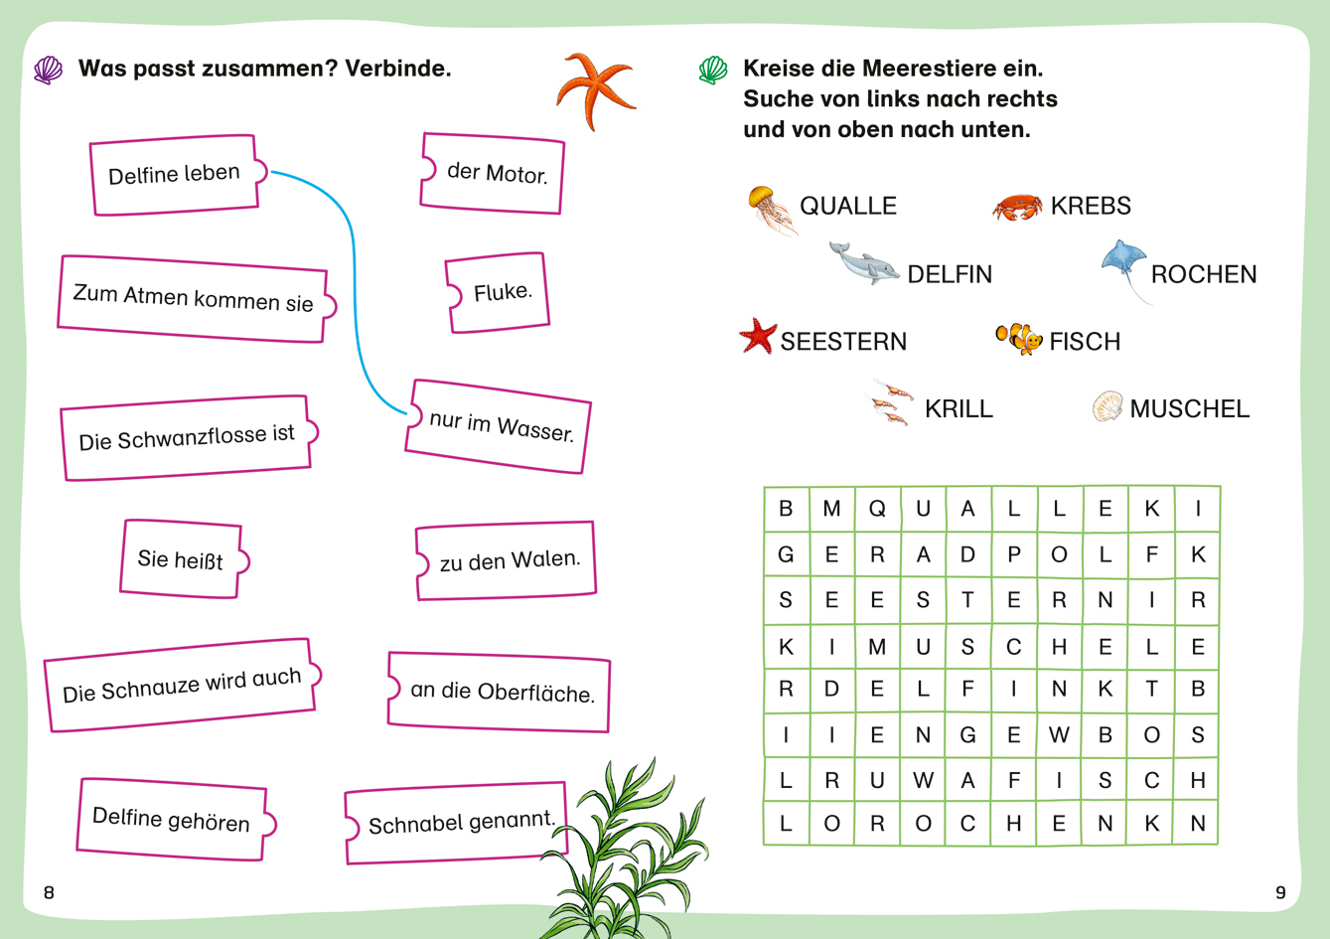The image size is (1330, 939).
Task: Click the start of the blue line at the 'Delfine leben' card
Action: (x=271, y=172)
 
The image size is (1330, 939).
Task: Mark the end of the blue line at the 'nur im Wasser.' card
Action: (x=406, y=413)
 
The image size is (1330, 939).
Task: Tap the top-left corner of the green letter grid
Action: (x=764, y=487)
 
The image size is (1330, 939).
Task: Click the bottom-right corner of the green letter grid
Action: (x=1219, y=844)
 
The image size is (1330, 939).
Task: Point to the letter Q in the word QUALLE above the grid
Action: (x=810, y=206)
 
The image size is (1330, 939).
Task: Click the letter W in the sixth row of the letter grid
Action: (x=1059, y=734)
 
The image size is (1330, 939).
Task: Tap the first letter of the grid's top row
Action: (x=786, y=509)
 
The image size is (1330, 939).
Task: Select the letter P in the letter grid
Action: (x=1013, y=554)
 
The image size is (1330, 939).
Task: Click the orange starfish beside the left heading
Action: (x=596, y=90)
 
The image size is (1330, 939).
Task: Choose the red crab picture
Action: (x=1017, y=207)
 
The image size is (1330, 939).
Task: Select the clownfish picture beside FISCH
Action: (x=1019, y=339)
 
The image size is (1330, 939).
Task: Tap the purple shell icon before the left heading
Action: (x=48, y=71)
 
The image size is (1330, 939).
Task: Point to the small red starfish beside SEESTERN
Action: (x=758, y=336)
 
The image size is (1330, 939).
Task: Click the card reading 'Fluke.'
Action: (x=497, y=292)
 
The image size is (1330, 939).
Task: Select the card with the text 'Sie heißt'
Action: (x=184, y=558)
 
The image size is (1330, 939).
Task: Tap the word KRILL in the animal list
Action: (x=959, y=408)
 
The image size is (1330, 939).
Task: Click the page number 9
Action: (x=1280, y=892)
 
